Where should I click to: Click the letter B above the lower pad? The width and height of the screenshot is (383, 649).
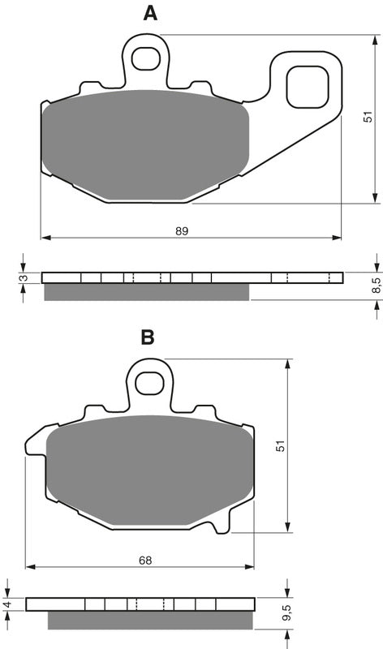pos(148,337)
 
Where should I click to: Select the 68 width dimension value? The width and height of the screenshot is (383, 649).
pos(145,560)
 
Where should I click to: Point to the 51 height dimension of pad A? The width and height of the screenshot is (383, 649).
pos(368,119)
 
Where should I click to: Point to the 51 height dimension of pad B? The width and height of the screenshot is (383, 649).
pos(280,445)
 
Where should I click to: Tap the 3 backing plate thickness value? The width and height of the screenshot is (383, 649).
pos(24,278)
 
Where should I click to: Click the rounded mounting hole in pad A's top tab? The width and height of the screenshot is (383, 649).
pos(147,58)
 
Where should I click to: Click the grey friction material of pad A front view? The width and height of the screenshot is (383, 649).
pos(146,146)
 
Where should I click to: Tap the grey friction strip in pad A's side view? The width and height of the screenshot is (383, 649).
pos(146,292)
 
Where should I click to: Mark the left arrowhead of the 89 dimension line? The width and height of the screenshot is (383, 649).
pos(45,239)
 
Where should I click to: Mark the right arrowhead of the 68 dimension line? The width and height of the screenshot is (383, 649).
pos(250,566)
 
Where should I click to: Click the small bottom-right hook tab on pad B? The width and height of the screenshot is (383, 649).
pos(219,528)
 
